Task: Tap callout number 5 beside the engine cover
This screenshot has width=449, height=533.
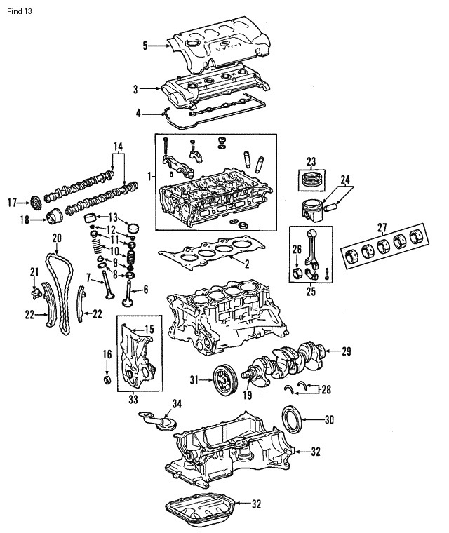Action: (145, 46)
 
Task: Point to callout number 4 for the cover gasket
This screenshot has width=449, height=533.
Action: (139, 112)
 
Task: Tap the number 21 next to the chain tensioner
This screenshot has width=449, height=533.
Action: (33, 271)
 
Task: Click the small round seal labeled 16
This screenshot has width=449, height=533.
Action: (107, 379)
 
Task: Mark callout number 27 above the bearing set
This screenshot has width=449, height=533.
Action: (382, 227)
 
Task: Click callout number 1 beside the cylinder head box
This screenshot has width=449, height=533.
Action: (148, 174)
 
